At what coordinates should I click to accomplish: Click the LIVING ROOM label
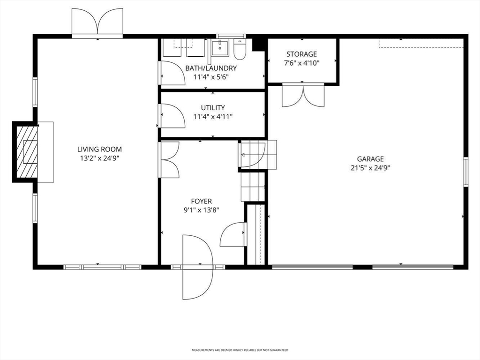96,150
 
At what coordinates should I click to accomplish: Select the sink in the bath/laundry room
219,47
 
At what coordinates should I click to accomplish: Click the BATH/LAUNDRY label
211,68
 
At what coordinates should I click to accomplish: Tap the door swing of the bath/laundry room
172,74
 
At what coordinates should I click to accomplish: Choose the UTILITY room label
213,108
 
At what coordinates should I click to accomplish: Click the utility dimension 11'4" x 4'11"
213,117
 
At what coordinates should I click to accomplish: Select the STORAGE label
302,54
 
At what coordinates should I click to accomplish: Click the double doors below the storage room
303,96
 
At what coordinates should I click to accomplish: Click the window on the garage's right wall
465,172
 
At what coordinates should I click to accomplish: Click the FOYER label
202,202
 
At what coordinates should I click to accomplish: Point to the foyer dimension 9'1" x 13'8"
202,210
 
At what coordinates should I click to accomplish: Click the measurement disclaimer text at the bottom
240,350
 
